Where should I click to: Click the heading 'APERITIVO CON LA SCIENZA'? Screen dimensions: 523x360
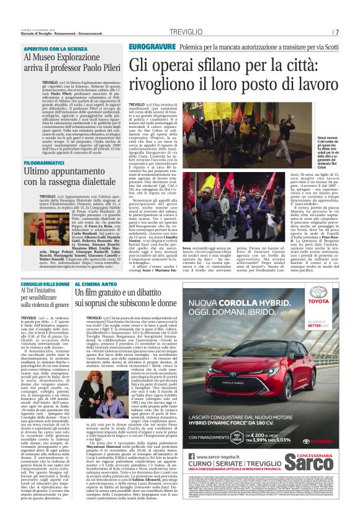(x=56, y=48)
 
